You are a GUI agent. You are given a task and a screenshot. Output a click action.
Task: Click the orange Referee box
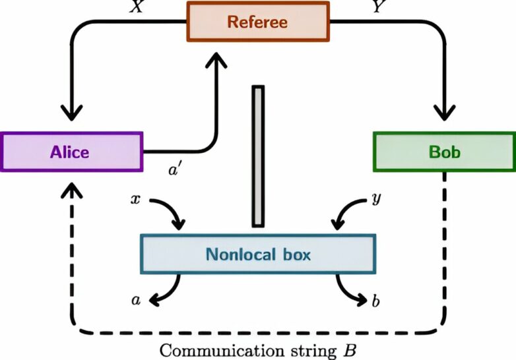(257, 21)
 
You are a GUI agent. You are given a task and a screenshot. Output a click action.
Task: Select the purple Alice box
(71, 152)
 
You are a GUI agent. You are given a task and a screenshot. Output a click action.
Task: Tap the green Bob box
(444, 152)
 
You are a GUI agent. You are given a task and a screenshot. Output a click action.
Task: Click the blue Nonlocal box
(258, 254)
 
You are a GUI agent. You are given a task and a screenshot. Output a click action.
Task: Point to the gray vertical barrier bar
(258, 156)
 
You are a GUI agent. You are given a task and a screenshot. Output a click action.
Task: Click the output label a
(136, 301)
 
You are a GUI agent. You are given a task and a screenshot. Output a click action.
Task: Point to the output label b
(376, 302)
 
